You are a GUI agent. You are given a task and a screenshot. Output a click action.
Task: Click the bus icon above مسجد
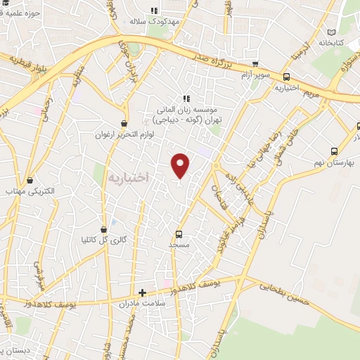179,233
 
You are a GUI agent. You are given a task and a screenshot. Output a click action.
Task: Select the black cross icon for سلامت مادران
143,292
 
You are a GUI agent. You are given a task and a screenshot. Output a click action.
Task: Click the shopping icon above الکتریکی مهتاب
30,179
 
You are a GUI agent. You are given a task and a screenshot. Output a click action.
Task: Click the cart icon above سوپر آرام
255,63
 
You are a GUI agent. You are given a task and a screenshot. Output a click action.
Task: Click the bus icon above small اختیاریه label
286,77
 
